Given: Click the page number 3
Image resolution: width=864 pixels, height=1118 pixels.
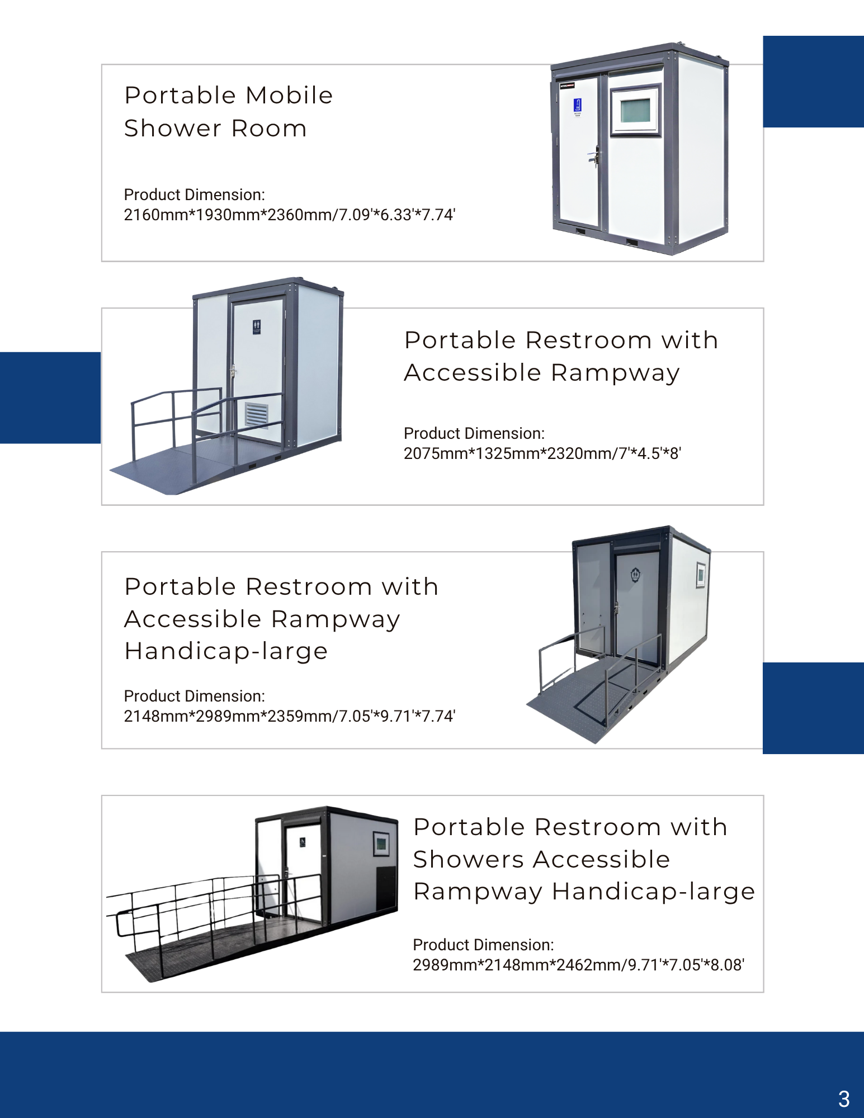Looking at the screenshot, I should coord(844,1099).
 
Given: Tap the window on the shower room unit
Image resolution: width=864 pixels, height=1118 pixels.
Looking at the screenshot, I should coord(635,110).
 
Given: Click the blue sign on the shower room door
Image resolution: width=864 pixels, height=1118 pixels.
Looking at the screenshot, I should coord(578,106).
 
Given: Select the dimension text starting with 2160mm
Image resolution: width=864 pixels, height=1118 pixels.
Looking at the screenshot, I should coord(289,215).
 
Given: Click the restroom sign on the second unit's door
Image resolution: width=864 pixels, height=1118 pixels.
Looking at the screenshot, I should coord(257,327).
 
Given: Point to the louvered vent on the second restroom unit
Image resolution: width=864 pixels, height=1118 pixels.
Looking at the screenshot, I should coord(257,414).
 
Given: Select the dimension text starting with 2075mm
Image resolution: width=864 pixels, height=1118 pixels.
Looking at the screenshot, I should coord(542,453).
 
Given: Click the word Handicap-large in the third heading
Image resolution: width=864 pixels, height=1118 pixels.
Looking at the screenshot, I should coord(226,651).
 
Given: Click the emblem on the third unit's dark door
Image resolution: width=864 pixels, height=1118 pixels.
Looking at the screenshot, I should coord(635,574).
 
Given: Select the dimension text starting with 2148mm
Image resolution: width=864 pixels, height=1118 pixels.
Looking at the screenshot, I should coord(289,716).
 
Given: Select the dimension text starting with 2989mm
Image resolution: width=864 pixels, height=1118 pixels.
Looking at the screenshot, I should coord(578,965).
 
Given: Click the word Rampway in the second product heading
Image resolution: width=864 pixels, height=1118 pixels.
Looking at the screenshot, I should coord(615,373).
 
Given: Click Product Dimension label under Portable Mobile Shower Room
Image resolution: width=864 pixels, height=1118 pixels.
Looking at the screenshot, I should coord(194,195).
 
